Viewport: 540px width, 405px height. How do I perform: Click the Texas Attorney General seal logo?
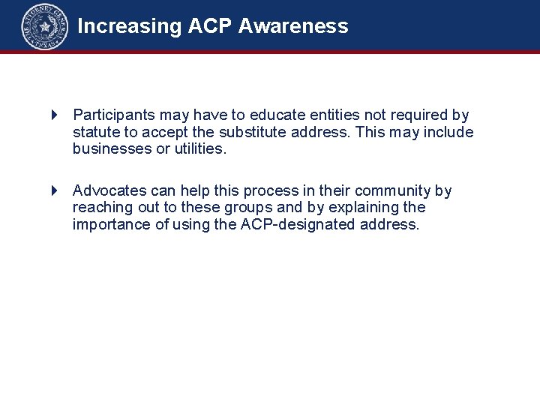click(44, 26)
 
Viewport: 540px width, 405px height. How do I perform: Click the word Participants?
click(114, 115)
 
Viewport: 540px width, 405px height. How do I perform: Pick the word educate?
click(276, 115)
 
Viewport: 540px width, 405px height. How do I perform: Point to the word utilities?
click(199, 149)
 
